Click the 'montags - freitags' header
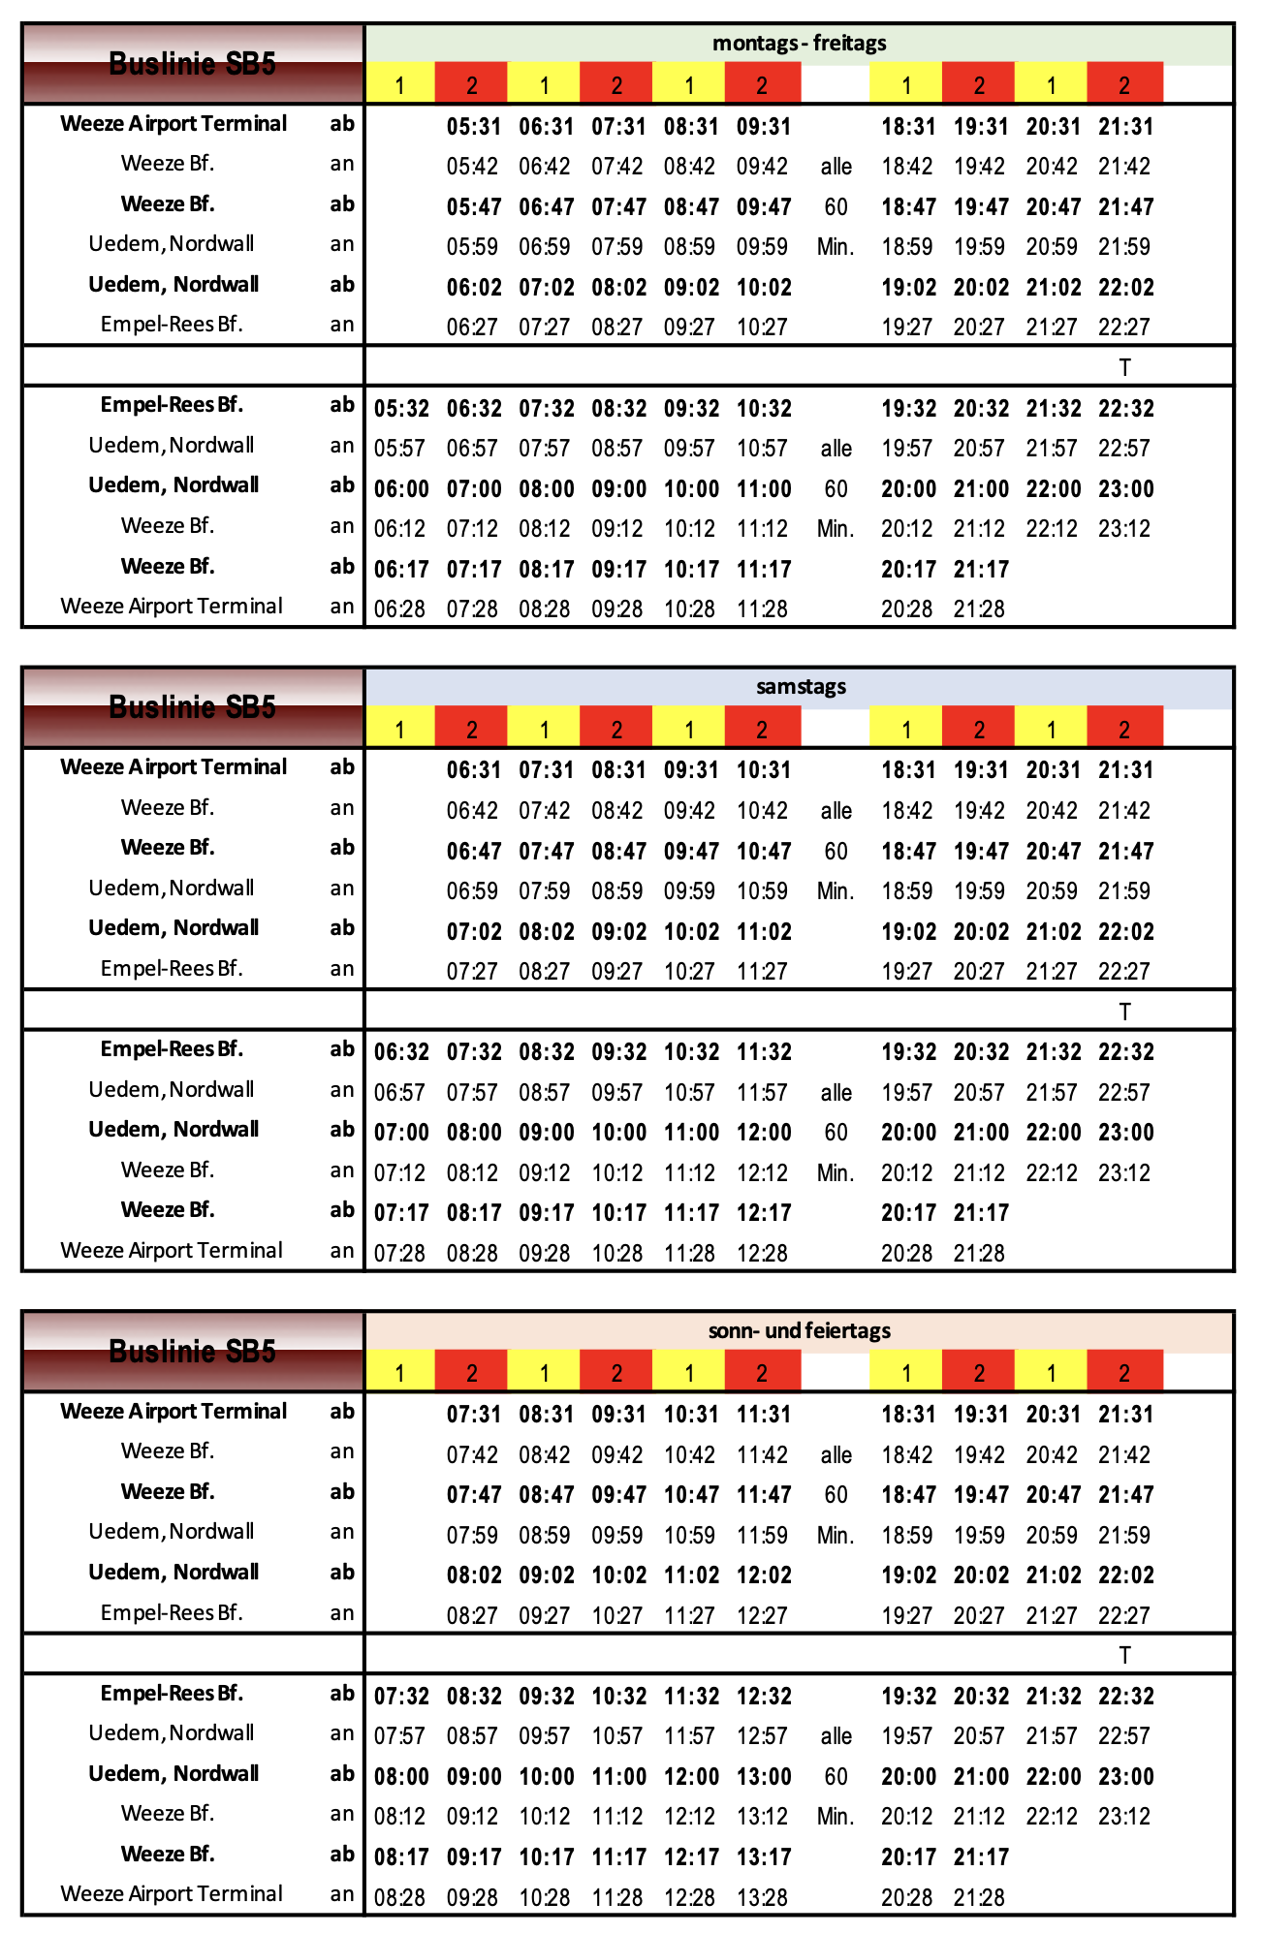799,44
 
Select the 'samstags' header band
801,687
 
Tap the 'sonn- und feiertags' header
799,1331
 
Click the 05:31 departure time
474,127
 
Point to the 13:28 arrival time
763,1897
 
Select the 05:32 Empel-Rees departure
401,409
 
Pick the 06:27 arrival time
472,328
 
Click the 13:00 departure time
764,1777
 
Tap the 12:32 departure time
764,1697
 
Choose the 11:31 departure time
764,1415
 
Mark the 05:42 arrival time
472,167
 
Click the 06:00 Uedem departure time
401,489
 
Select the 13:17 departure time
764,1857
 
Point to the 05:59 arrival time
472,247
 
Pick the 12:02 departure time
764,1575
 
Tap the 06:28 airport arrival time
399,609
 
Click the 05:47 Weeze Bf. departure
474,207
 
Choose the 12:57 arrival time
763,1736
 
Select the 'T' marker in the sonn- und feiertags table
1124,1656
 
